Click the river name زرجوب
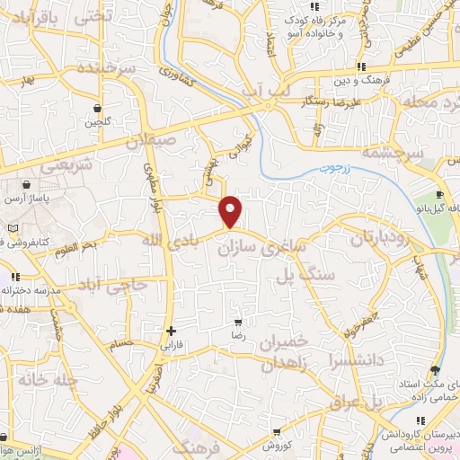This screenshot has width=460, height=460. coord(337,167)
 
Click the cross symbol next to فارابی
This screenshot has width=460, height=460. coord(171,331)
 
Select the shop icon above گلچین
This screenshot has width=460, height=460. coord(96,109)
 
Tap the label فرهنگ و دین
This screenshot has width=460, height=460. coord(359,80)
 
